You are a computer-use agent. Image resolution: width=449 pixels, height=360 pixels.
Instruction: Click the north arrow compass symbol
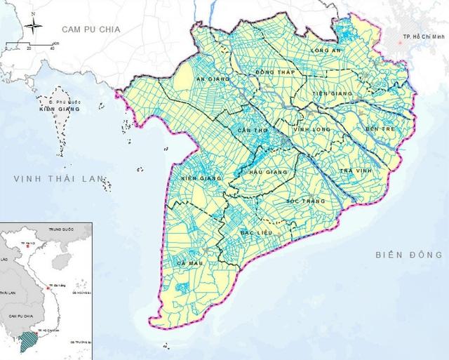32,29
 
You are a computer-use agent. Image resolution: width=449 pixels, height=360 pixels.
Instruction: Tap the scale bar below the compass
31,48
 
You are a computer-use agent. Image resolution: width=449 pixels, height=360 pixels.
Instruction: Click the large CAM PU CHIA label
91,29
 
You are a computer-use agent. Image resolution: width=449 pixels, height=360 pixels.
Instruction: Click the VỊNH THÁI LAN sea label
55,180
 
